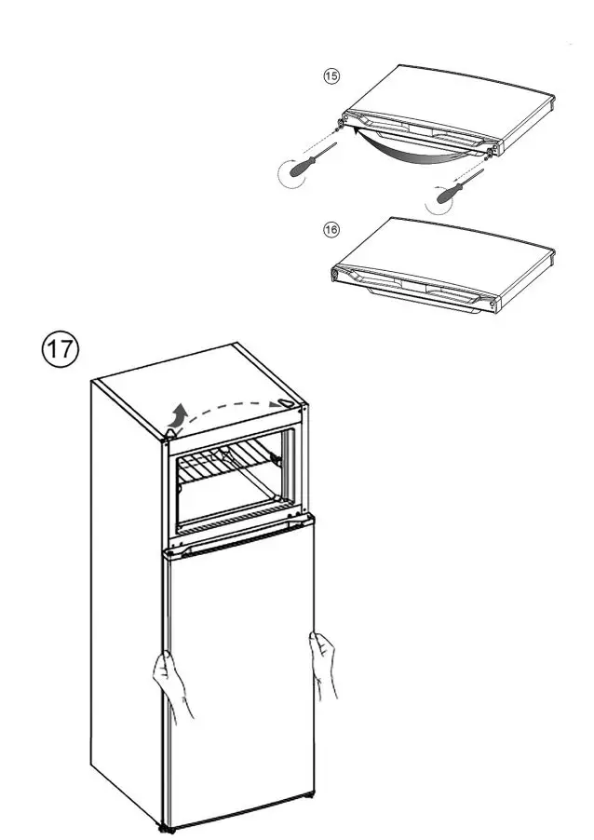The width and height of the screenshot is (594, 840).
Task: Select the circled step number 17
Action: [x=61, y=349]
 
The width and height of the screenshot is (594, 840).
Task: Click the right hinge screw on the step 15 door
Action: [x=491, y=149]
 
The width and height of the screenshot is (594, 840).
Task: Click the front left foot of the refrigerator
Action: [x=166, y=825]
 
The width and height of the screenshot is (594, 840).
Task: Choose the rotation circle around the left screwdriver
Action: [x=294, y=174]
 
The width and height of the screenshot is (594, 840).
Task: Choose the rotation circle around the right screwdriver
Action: [x=445, y=198]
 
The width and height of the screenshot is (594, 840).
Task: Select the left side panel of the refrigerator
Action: [x=126, y=596]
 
